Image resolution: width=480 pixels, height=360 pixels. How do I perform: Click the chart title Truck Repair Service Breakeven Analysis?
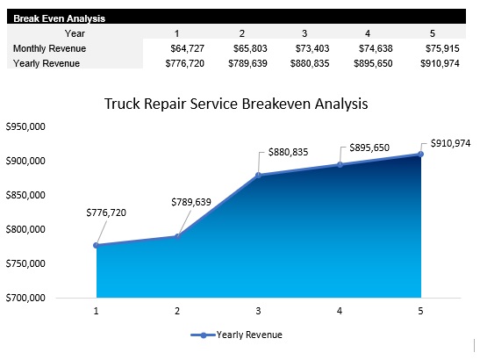[236, 104]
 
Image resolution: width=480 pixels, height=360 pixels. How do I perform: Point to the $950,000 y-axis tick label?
[26, 127]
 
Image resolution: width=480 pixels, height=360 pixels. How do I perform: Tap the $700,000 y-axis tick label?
[26, 299]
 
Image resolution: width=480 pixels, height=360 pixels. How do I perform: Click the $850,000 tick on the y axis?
[26, 196]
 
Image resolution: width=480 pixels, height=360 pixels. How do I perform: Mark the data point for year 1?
[96, 245]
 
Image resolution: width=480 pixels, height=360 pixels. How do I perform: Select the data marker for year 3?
[259, 176]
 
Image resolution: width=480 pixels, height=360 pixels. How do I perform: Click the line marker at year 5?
[420, 155]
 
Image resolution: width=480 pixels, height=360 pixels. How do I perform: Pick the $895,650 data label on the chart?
[369, 148]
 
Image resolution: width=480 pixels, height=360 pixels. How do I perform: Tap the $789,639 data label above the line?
[190, 202]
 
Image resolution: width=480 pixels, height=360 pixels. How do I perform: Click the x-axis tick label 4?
[340, 311]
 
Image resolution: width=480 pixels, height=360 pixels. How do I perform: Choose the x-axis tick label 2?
[177, 311]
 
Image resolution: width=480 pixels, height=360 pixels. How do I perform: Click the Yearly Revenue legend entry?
[238, 335]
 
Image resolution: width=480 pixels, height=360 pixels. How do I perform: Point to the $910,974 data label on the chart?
[450, 143]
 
